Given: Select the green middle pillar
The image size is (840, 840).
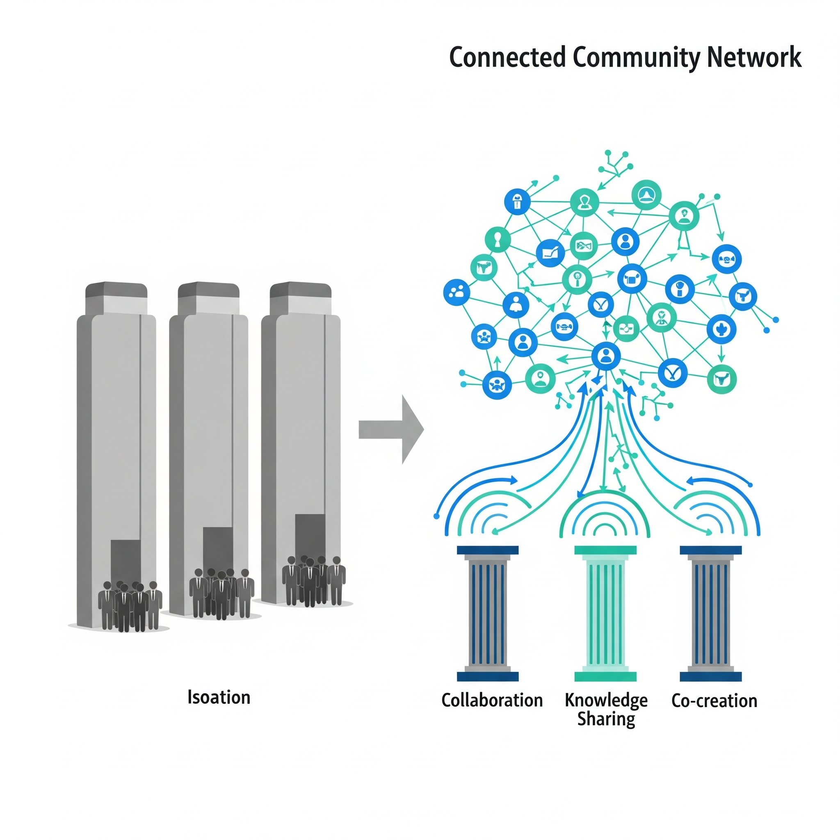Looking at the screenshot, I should coord(605,613).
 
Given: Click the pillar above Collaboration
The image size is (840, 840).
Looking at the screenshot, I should coord(487,613).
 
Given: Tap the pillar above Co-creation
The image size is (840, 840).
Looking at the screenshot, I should coord(710,613).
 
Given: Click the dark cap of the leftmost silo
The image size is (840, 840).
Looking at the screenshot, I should coord(116,290).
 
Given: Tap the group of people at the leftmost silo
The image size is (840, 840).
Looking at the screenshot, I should coord(130,606).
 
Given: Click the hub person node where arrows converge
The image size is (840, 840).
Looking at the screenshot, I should coord(606,356).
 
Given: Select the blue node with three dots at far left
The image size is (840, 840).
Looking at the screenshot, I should coord(456,292).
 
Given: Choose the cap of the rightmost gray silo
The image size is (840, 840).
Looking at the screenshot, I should coord(300,290).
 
